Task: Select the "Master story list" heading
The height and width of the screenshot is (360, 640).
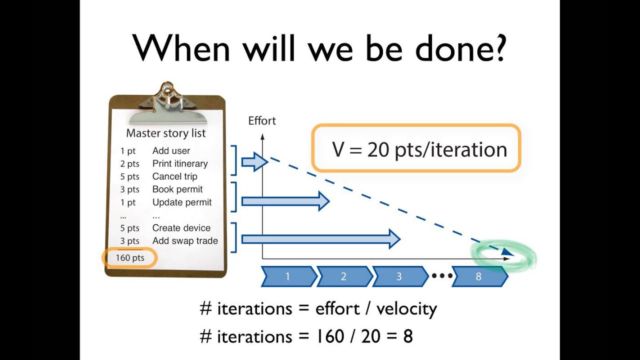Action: pyautogui.click(x=165, y=133)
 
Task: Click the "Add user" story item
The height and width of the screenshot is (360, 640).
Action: pyautogui.click(x=171, y=150)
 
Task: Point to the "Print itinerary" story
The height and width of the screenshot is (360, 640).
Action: pyautogui.click(x=180, y=163)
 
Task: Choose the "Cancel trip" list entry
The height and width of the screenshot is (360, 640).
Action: pyautogui.click(x=174, y=176)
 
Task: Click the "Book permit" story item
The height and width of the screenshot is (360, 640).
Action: pyautogui.click(x=177, y=189)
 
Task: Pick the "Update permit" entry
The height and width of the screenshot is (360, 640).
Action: pyautogui.click(x=182, y=202)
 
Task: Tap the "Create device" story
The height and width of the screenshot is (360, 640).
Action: pyautogui.click(x=181, y=228)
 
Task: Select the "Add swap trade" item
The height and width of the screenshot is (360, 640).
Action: pyautogui.click(x=185, y=241)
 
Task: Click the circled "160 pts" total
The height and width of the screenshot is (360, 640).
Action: pyautogui.click(x=130, y=258)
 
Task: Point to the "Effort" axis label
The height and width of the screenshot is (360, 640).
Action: pyautogui.click(x=262, y=121)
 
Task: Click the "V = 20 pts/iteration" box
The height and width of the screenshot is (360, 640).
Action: pyautogui.click(x=416, y=149)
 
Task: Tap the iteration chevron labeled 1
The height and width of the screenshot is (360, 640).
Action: pyautogui.click(x=288, y=276)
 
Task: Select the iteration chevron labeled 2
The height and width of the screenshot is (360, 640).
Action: pyautogui.click(x=343, y=276)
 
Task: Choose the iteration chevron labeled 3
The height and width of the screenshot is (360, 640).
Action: pyautogui.click(x=399, y=276)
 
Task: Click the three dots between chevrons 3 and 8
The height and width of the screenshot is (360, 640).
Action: pyautogui.click(x=442, y=276)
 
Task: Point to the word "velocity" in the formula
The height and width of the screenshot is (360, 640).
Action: pyautogui.click(x=406, y=308)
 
